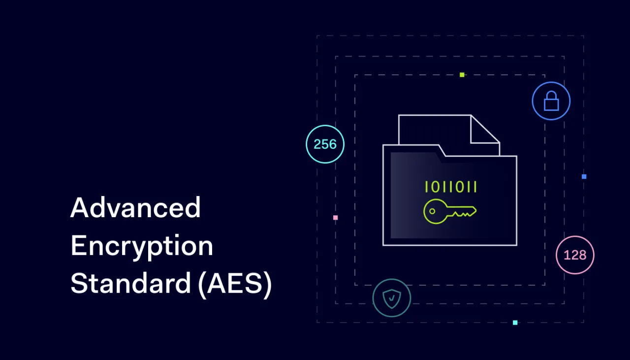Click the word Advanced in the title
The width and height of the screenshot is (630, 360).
pyautogui.click(x=135, y=208)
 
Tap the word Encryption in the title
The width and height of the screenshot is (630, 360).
pyautogui.click(x=142, y=246)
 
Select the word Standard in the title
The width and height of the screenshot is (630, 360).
pyautogui.click(x=130, y=284)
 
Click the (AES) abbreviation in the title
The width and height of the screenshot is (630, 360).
pyautogui.click(x=235, y=285)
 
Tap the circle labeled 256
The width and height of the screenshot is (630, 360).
pyautogui.click(x=325, y=144)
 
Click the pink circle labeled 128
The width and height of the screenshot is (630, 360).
pyautogui.click(x=575, y=255)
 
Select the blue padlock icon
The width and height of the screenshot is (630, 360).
pyautogui.click(x=551, y=101)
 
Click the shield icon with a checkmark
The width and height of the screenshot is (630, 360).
pyautogui.click(x=392, y=298)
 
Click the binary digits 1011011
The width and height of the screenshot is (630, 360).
pyautogui.click(x=451, y=187)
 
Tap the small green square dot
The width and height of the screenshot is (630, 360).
pyautogui.click(x=462, y=75)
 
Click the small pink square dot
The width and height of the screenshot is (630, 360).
pyautogui.click(x=335, y=218)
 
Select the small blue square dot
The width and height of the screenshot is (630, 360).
pyautogui.click(x=584, y=176)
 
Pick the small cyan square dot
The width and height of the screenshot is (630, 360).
pyautogui.click(x=515, y=323)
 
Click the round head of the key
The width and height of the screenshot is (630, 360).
pyautogui.click(x=434, y=212)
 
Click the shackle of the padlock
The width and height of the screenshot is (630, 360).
pyautogui.click(x=551, y=96)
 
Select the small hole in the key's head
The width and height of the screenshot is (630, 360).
pyautogui.click(x=432, y=212)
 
